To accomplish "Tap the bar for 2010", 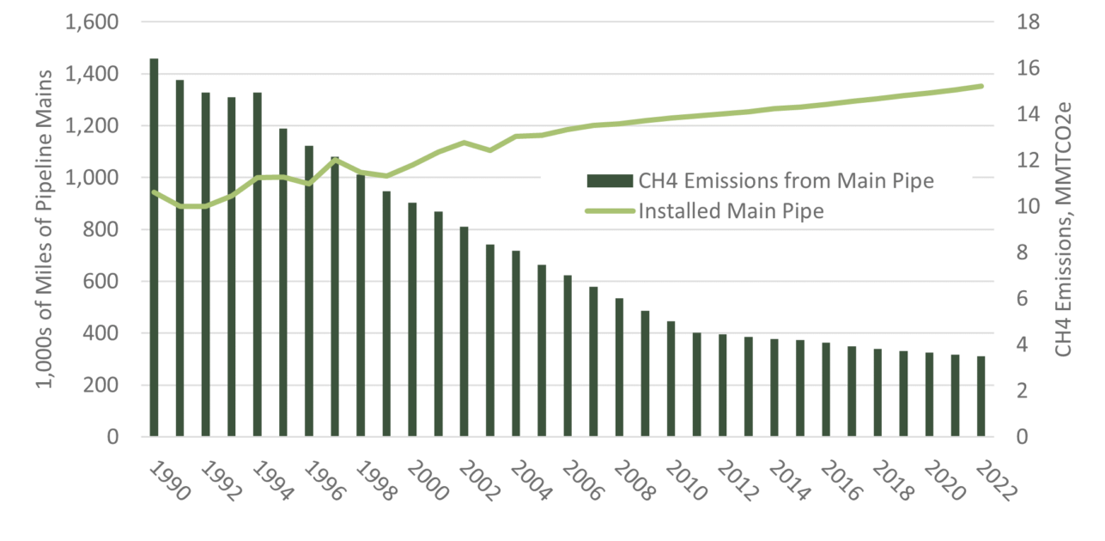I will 671,379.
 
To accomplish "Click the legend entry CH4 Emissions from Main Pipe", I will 760,181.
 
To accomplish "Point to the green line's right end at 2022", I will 981,86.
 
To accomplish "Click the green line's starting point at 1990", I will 155,192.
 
